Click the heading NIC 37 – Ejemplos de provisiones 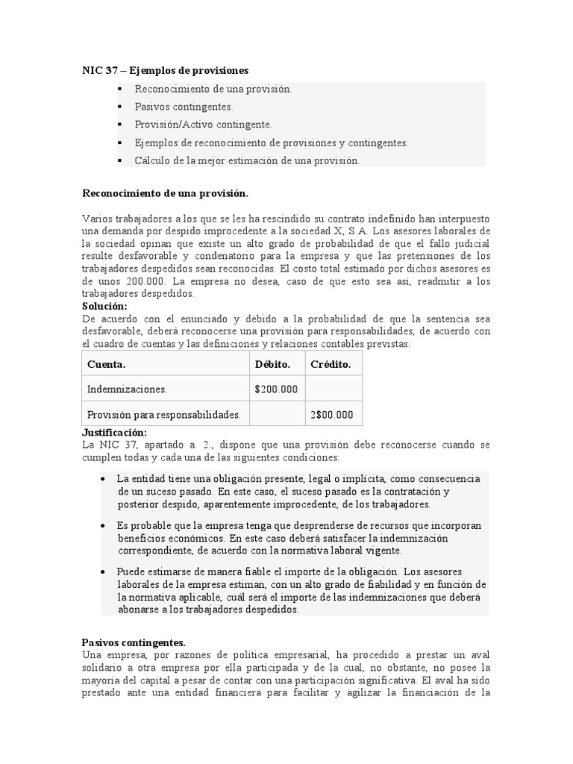click(x=165, y=70)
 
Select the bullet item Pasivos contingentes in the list click(x=184, y=107)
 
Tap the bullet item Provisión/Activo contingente click(x=203, y=125)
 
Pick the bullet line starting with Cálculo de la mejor click(x=246, y=160)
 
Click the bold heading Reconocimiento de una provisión click(x=164, y=193)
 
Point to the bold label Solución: click(x=104, y=307)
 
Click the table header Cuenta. click(x=106, y=364)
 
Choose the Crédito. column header click(x=331, y=364)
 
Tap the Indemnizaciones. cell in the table click(x=127, y=389)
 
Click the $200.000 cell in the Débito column click(x=276, y=389)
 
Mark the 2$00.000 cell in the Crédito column click(x=331, y=415)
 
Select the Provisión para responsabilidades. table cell click(x=163, y=415)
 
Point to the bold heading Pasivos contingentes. click(x=133, y=642)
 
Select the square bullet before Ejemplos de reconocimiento click(x=119, y=143)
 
